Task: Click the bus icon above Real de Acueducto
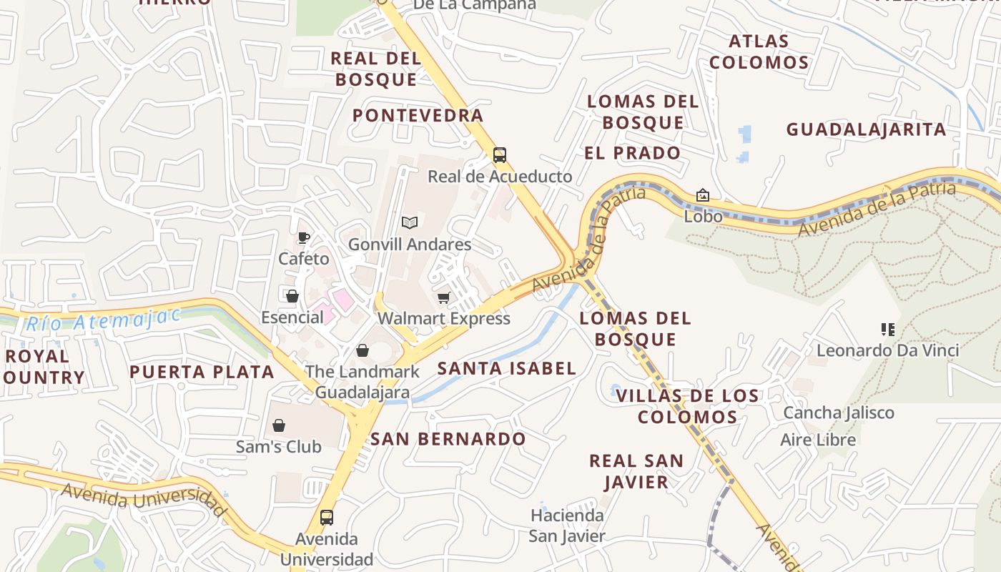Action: click(500, 155)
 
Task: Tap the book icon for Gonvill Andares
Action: click(409, 223)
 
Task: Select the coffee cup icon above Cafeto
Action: click(304, 237)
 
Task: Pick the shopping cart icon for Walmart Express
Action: click(444, 297)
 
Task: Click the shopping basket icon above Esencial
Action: click(292, 296)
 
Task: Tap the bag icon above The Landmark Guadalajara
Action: click(363, 350)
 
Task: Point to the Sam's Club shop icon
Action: click(279, 425)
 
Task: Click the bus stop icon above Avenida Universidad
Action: click(327, 517)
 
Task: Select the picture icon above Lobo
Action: click(703, 195)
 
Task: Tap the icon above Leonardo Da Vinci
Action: click(887, 330)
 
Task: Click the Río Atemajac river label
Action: click(103, 319)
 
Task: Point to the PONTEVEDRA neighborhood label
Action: click(418, 115)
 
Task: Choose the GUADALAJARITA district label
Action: click(866, 129)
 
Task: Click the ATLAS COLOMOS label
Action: click(759, 51)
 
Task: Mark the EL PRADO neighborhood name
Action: click(632, 153)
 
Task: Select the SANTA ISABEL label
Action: click(506, 369)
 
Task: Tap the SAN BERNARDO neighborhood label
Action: click(448, 439)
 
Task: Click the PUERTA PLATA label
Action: click(202, 372)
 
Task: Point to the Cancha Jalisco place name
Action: click(838, 413)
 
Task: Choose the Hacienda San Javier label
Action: click(567, 525)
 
